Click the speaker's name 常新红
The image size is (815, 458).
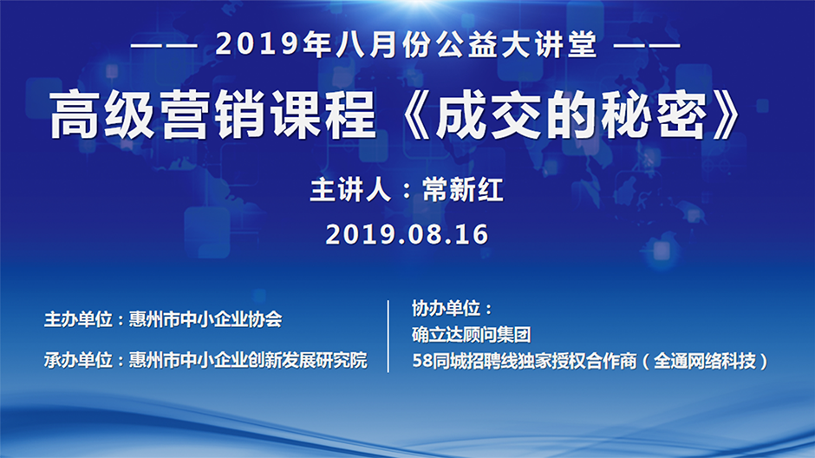tap(462, 189)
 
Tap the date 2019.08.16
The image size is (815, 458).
tap(407, 234)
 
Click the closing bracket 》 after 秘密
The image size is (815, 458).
tap(726, 114)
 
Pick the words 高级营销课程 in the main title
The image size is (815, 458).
tap(213, 114)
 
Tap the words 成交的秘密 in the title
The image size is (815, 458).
tap(570, 114)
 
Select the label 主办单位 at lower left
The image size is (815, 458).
tap(78, 319)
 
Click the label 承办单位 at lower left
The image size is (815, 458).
tap(78, 360)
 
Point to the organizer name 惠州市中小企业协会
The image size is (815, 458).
tap(205, 319)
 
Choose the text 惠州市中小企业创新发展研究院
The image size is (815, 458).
tap(248, 360)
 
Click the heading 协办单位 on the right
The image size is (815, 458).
tap(446, 308)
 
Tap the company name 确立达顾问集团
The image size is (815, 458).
tap(472, 334)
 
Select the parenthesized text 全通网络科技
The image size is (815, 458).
tap(704, 360)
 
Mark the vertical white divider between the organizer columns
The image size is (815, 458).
tap(388, 336)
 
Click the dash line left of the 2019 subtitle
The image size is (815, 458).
tap(164, 46)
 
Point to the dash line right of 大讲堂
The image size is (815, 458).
tap(647, 46)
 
